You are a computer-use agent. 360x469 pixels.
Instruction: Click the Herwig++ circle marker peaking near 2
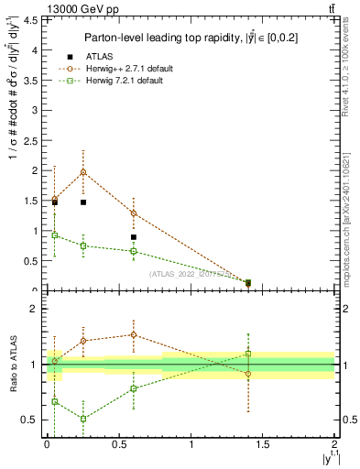(83, 172)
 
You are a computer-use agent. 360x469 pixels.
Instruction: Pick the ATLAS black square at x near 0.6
(134, 237)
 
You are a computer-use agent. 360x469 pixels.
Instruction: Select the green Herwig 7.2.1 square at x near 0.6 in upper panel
(134, 251)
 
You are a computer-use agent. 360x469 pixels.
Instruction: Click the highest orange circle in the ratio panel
(134, 334)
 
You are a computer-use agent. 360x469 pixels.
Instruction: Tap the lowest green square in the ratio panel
(83, 419)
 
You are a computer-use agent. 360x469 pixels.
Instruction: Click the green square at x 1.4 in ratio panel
(248, 354)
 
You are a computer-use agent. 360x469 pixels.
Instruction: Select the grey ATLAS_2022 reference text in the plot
(190, 274)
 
